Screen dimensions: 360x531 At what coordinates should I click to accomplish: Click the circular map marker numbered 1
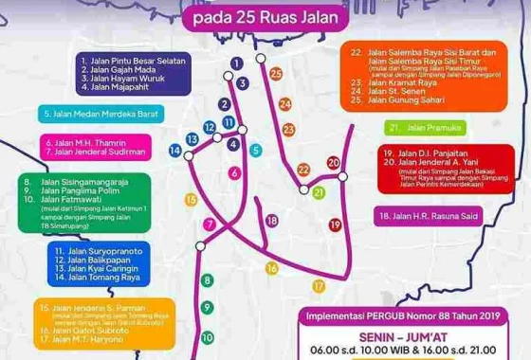click(231, 63)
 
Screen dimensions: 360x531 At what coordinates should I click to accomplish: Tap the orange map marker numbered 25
click(275, 72)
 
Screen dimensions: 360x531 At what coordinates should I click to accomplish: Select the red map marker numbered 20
click(334, 163)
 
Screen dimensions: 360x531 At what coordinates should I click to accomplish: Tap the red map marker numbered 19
click(335, 224)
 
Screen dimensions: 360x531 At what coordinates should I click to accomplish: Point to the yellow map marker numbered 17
click(320, 283)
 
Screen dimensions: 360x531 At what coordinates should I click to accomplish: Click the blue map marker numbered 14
click(175, 150)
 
